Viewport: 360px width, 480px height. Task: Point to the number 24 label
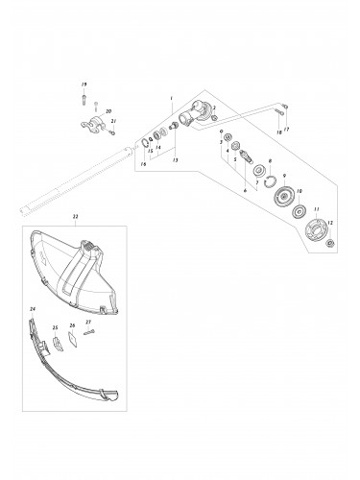pos(32,308)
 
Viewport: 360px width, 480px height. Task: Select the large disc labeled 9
pos(282,199)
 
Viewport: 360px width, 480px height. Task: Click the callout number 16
pos(144,164)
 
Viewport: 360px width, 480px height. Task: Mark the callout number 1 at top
pos(170,99)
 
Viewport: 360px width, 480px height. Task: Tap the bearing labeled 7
pos(259,171)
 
